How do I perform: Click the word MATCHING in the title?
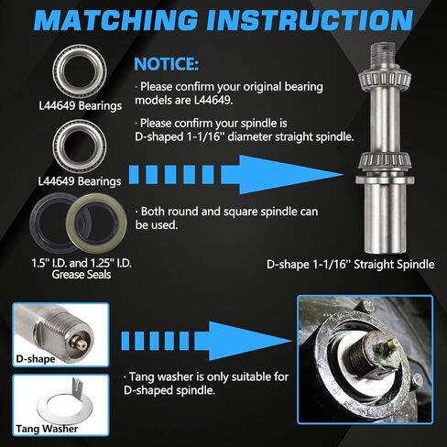(x=116, y=20)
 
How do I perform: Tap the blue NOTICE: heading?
(x=166, y=64)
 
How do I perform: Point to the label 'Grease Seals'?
(x=82, y=275)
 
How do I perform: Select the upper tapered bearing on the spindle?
(x=384, y=78)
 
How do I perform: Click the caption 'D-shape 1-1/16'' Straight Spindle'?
(x=350, y=265)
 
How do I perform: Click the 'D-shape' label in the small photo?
(x=36, y=359)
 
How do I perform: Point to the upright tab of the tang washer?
(x=77, y=387)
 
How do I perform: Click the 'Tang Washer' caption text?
(x=47, y=429)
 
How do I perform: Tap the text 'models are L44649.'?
(x=184, y=100)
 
